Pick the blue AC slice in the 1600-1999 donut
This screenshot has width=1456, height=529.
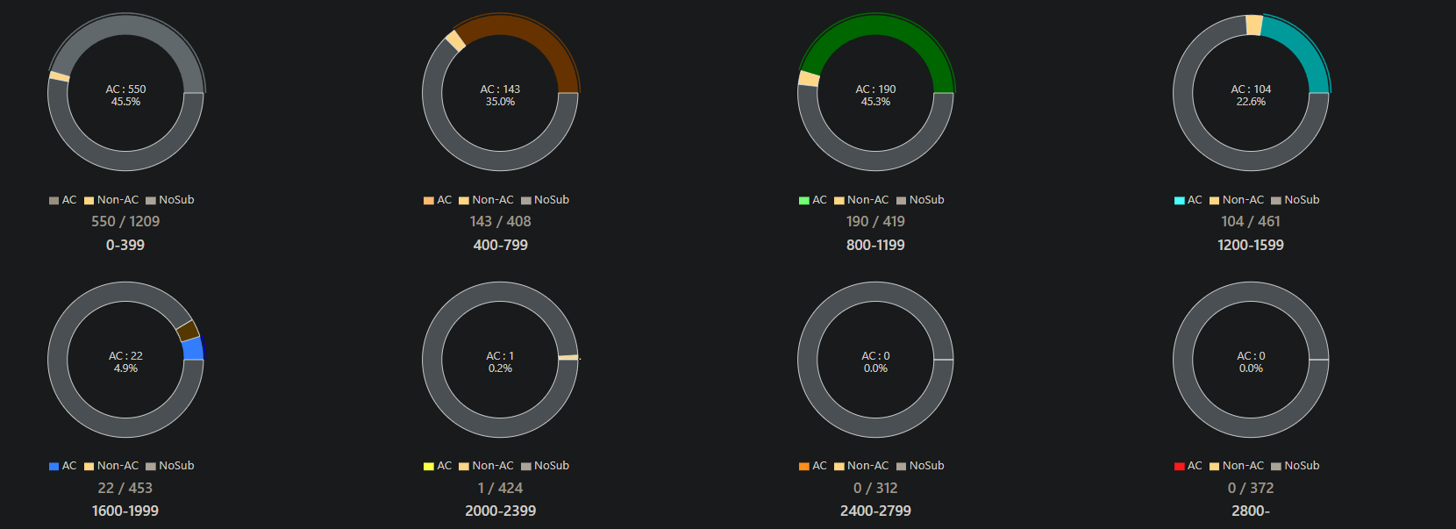point(193,348)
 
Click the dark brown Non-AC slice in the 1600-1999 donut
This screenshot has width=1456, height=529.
point(187,331)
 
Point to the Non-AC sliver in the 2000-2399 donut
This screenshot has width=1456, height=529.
point(567,357)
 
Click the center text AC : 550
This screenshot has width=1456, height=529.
point(125,89)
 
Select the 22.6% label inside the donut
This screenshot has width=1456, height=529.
point(1251,102)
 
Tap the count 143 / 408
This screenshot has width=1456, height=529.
point(500,222)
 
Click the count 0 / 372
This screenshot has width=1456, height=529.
point(1251,488)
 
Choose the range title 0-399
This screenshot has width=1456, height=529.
point(125,245)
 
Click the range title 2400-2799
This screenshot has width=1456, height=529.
point(875,511)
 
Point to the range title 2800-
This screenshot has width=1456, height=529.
point(1251,511)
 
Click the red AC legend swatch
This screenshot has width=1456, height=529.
point(1180,466)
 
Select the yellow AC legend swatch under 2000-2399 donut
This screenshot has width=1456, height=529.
point(429,466)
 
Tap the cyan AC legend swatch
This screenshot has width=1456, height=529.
point(1180,200)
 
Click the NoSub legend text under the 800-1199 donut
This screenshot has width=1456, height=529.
point(926,200)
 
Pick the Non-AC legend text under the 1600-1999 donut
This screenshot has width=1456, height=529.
point(118,466)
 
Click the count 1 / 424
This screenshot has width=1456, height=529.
point(500,488)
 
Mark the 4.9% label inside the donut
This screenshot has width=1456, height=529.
point(125,368)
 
